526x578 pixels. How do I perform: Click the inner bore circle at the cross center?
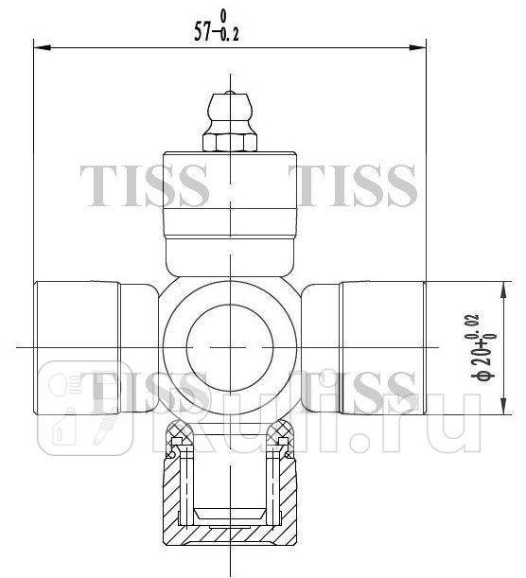231,344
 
